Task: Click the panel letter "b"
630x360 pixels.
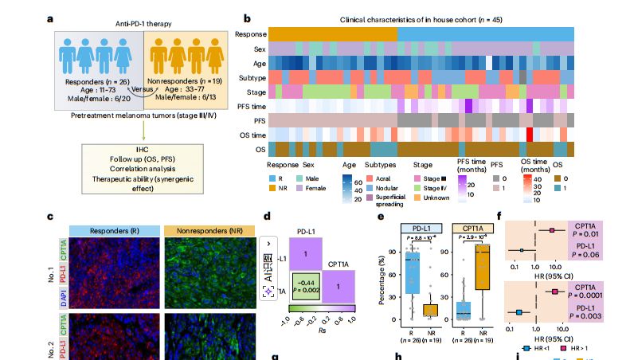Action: pyautogui.click(x=247, y=18)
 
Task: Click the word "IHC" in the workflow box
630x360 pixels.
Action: pyautogui.click(x=143, y=150)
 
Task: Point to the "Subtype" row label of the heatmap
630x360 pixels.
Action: pyautogui.click(x=250, y=78)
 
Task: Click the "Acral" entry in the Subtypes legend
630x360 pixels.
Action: pyautogui.click(x=382, y=179)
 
